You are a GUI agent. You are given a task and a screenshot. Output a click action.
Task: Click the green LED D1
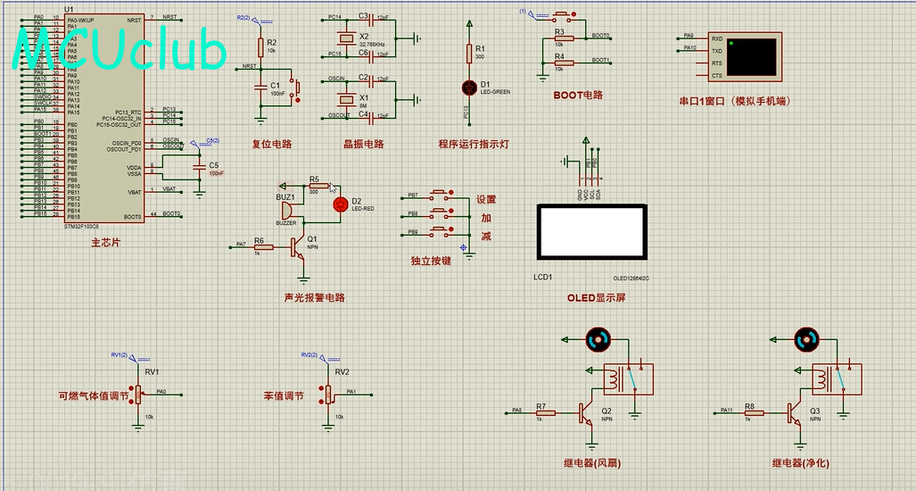[469, 87]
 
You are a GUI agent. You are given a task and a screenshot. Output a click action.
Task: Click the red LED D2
[338, 204]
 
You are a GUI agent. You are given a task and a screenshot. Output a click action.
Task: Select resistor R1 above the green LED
[469, 54]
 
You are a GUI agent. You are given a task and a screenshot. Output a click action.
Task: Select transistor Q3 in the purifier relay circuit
[796, 412]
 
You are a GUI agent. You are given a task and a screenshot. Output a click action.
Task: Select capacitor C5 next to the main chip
[198, 166]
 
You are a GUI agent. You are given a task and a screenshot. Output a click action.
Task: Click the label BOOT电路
[578, 95]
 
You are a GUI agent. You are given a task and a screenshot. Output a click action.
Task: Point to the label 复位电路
[272, 144]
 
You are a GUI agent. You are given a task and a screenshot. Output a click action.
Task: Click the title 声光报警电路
[314, 297]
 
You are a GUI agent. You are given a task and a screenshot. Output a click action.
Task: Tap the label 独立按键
[431, 261]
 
